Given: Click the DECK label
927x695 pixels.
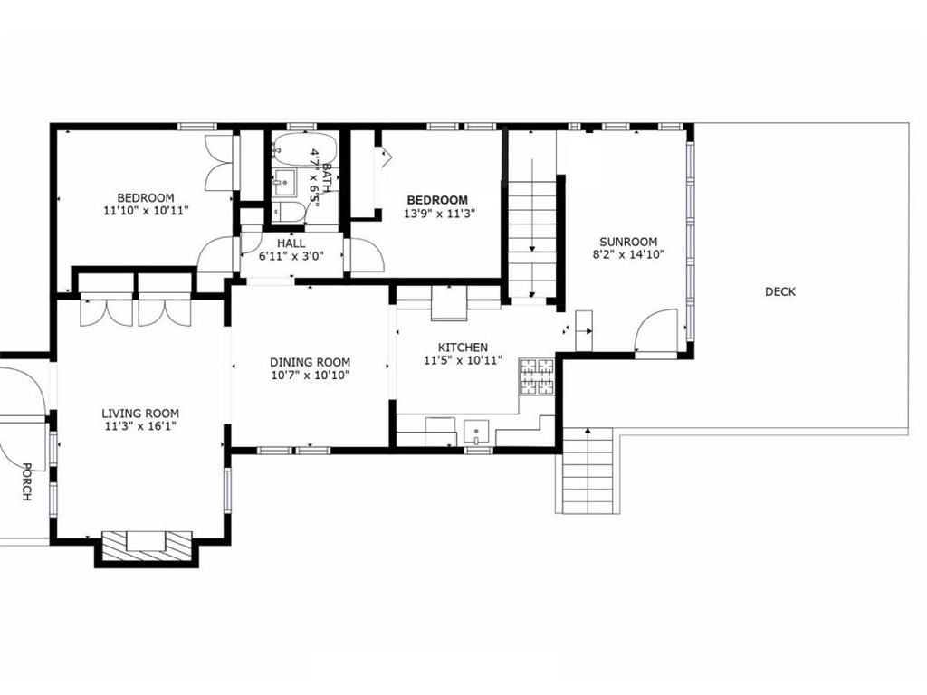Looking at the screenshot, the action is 779,291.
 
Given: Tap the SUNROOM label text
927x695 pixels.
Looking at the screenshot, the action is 628,242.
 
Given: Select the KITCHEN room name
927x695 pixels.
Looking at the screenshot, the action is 463,347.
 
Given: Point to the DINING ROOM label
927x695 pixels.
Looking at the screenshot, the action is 310,362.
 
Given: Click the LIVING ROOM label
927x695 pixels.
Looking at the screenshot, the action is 140,414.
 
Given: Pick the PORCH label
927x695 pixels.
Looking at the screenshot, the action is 26,481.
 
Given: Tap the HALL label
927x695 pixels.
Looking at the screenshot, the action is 291,243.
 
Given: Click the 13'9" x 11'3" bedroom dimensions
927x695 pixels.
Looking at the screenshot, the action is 439,214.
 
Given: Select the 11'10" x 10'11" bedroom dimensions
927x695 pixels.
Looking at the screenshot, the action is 146,210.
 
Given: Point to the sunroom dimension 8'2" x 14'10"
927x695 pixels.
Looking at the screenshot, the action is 628,254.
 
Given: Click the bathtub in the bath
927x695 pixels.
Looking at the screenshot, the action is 305,148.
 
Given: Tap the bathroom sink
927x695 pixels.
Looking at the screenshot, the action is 286,183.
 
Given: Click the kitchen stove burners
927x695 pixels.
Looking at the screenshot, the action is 537,376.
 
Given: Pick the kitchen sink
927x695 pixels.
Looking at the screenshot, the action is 476,432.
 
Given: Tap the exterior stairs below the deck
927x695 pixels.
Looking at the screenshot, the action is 587,471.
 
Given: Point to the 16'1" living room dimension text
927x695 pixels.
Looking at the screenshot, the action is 161,426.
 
